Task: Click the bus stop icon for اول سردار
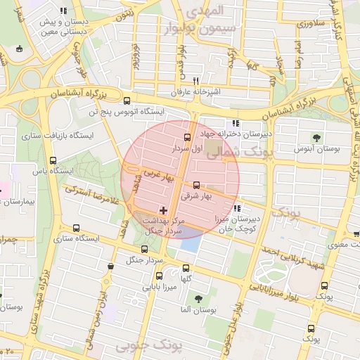187,137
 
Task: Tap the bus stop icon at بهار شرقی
196,185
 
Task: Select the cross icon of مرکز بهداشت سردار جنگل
164,210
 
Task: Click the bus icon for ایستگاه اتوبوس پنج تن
127,101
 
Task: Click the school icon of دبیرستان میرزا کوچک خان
237,207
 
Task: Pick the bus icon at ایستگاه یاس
53,160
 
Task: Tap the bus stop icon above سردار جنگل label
145,249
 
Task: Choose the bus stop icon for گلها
186,268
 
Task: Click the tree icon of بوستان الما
195,298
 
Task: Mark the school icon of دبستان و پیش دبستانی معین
64,11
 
